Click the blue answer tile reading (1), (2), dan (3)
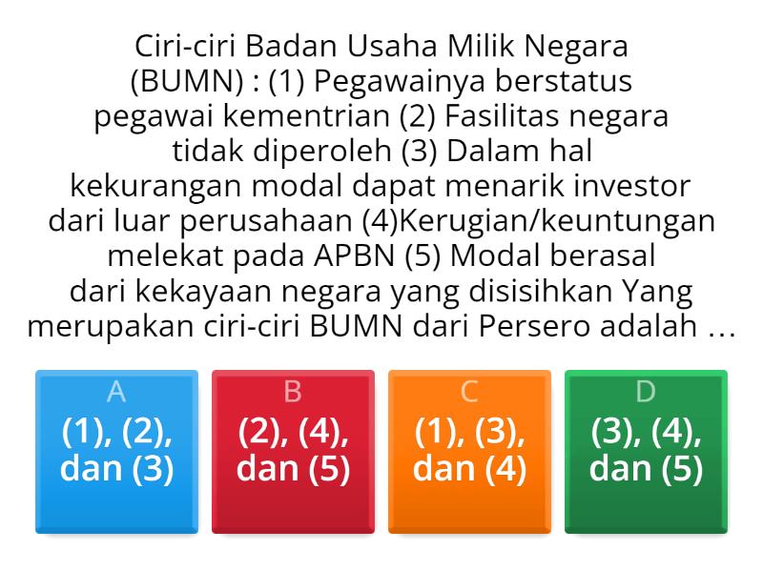coord(116,450)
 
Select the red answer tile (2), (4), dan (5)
coord(293,450)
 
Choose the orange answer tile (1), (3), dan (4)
coord(469,450)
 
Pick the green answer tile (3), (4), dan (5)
coord(646,450)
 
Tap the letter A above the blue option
coord(116,391)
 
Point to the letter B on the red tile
coord(293,391)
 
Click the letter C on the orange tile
coord(469,391)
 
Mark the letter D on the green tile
coord(646,391)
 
